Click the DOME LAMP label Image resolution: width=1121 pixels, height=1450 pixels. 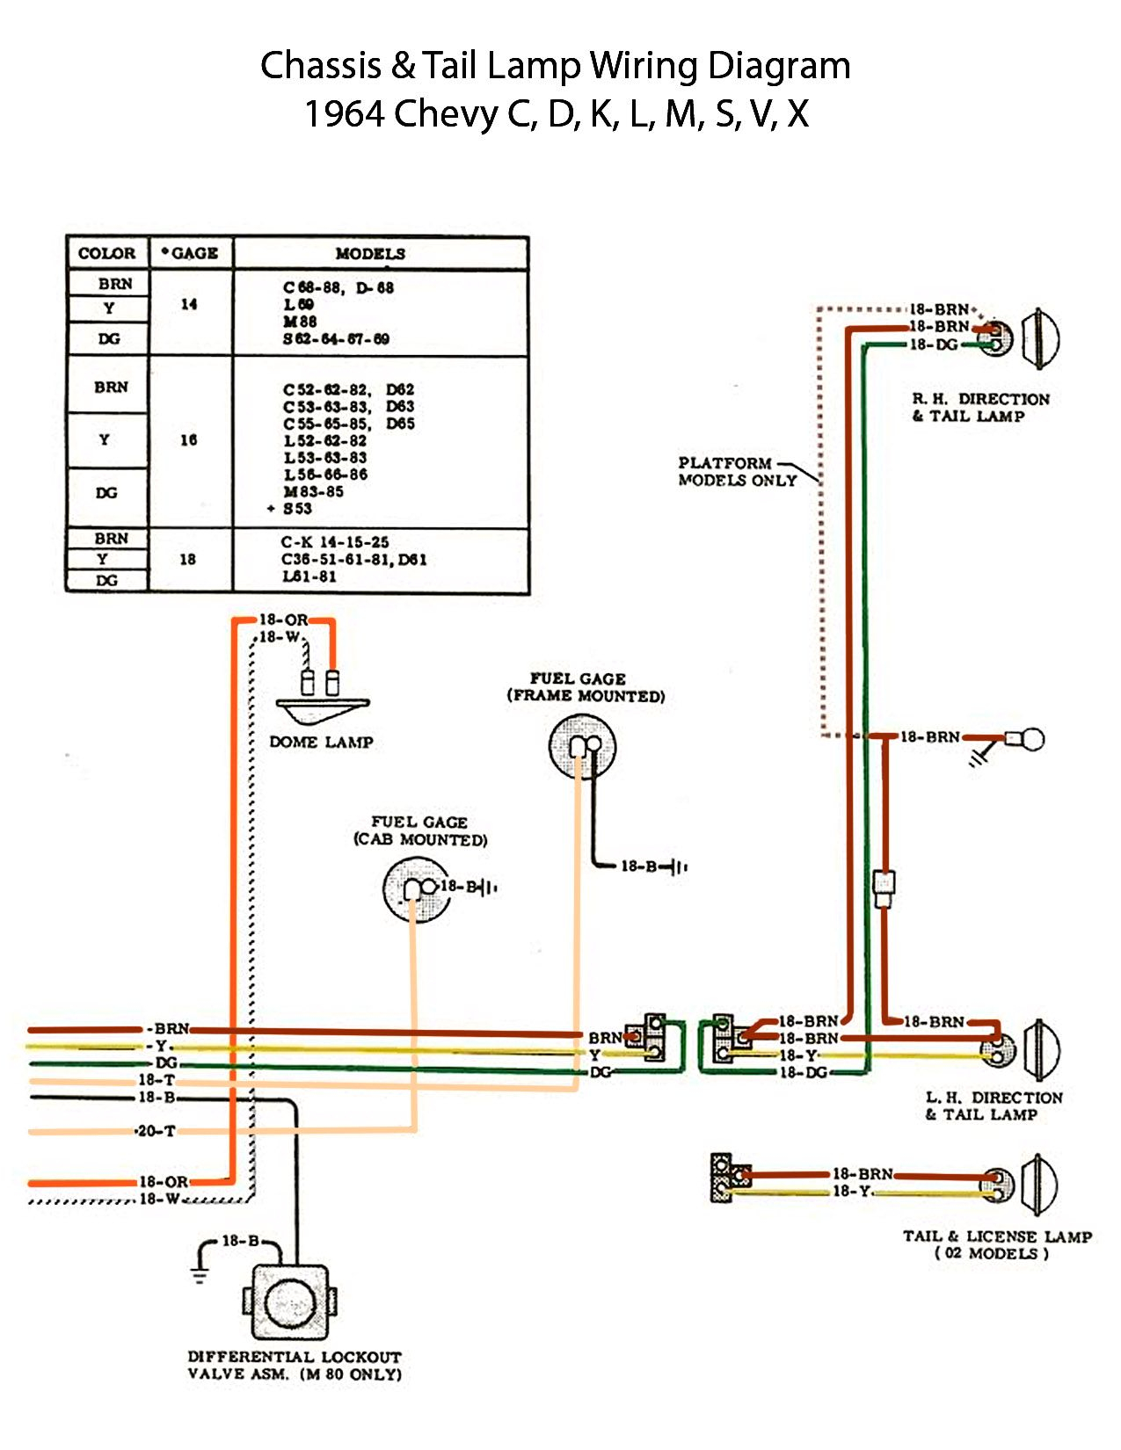[321, 743]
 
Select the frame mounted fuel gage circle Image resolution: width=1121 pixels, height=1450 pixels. [582, 747]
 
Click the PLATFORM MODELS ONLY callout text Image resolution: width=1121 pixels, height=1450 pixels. [737, 472]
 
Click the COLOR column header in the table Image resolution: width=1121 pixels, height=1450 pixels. [107, 254]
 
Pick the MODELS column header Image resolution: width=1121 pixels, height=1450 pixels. [370, 254]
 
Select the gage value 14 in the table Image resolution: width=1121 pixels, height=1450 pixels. [189, 304]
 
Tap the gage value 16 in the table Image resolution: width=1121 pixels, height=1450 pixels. [189, 440]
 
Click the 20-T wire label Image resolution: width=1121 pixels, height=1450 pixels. [157, 1131]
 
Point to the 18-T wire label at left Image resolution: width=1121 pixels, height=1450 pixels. [157, 1080]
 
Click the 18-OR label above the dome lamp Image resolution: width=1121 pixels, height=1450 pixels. [283, 620]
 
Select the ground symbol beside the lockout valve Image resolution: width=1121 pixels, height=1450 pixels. [201, 1273]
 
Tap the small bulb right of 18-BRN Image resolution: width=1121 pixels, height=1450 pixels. [1026, 739]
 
